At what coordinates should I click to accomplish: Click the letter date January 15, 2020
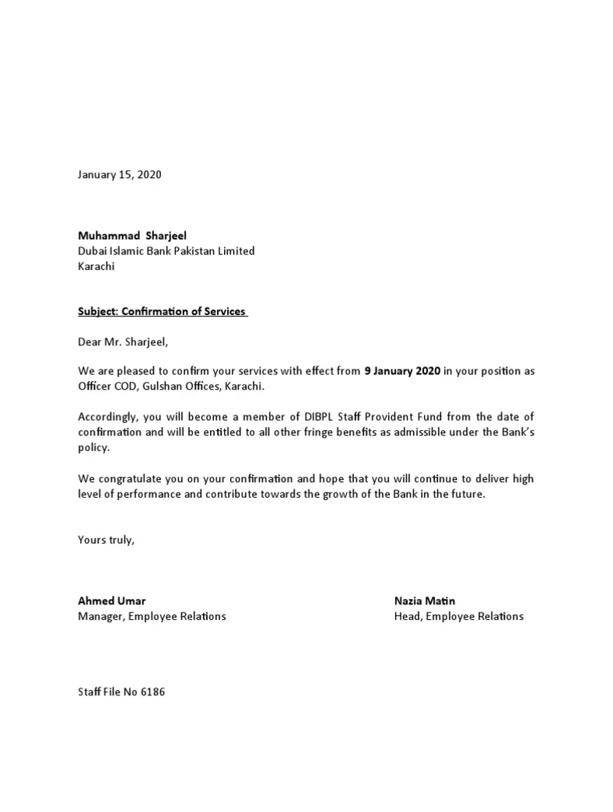pos(120,175)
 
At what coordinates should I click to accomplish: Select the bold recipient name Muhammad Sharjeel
pos(132,236)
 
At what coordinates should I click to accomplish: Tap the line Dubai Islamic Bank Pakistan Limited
pos(166,251)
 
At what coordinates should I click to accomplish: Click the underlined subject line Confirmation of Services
pos(163,312)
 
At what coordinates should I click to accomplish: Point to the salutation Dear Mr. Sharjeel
pos(123,341)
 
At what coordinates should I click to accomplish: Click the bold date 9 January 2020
pos(402,371)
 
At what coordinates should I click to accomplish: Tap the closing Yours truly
pos(107,540)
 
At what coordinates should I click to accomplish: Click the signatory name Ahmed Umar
pos(112,600)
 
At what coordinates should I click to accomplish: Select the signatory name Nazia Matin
pos(425,600)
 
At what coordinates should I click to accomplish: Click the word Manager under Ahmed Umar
pos(100,616)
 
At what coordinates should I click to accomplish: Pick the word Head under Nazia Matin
pos(408,616)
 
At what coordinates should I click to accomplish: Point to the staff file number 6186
pos(153,692)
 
